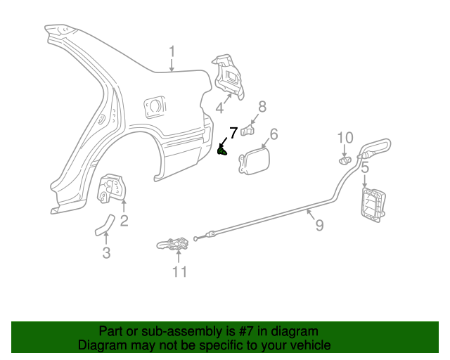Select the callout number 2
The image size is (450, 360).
click(x=124, y=222)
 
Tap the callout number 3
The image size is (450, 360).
click(x=106, y=253)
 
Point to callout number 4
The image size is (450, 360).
click(x=219, y=108)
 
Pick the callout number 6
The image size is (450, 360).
click(x=274, y=134)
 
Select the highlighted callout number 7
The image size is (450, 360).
click(x=233, y=132)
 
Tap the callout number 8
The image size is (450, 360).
click(x=262, y=106)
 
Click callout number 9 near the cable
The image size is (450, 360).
click(x=319, y=225)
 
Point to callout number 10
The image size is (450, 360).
click(x=345, y=137)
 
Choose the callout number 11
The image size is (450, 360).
click(x=180, y=271)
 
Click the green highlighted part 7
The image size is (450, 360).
click(x=223, y=150)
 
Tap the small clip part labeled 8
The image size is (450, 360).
click(x=247, y=129)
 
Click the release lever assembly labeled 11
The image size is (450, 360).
click(x=174, y=245)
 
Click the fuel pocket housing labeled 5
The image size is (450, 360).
click(x=373, y=204)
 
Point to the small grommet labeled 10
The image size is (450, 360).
click(x=345, y=160)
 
